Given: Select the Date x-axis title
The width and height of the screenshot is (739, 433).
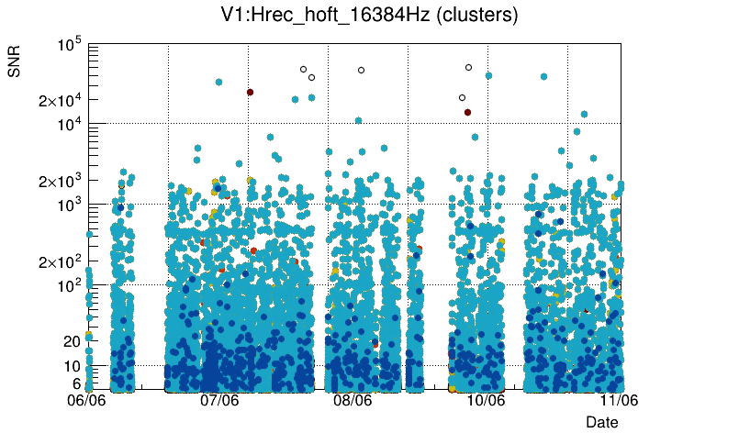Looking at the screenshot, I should coord(602,421).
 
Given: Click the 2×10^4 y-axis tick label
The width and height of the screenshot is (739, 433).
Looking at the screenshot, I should coord(59,100).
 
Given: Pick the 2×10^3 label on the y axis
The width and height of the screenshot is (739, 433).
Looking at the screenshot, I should coord(59,181).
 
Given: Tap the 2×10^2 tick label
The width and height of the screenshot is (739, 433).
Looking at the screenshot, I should coord(59,261).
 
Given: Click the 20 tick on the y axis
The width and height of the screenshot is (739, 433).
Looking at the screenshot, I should coord(72,341).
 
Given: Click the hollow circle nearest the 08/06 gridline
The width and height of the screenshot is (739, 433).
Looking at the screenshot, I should coord(361,70).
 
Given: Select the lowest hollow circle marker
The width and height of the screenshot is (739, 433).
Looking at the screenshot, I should coord(462,97).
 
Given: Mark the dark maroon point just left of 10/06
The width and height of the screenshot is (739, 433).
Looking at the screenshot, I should coord(467,112).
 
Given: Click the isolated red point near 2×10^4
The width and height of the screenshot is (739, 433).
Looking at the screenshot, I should coord(250,92).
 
